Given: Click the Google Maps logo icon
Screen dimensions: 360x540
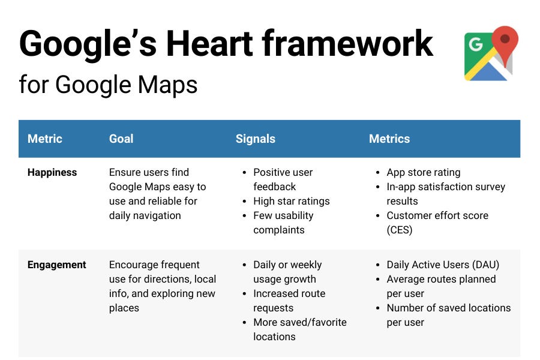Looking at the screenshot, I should [x=491, y=54].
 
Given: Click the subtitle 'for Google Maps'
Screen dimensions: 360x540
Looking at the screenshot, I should [x=108, y=85].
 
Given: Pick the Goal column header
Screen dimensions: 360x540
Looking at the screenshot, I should [x=121, y=139].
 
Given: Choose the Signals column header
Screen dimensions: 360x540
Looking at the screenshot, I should [x=255, y=139].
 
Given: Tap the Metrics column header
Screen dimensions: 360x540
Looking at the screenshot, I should [x=389, y=139].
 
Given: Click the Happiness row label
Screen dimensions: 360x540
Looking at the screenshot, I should [x=52, y=172].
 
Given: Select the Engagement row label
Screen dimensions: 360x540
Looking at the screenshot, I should [x=57, y=265].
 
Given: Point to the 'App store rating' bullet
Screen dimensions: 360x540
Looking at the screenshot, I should [x=424, y=172].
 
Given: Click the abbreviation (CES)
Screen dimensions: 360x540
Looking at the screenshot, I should [x=400, y=230].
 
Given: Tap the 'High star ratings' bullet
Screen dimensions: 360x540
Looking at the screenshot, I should [x=292, y=201].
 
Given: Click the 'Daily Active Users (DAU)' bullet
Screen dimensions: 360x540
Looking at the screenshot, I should [x=443, y=265].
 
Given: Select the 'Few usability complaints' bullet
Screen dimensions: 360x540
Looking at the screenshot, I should [x=283, y=223].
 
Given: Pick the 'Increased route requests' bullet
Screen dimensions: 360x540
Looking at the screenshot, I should [x=289, y=301].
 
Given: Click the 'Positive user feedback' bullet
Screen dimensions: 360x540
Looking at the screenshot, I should [x=283, y=179].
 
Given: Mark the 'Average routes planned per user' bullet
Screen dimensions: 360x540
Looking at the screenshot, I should [x=441, y=286].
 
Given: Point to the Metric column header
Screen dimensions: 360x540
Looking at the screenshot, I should [x=45, y=139].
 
